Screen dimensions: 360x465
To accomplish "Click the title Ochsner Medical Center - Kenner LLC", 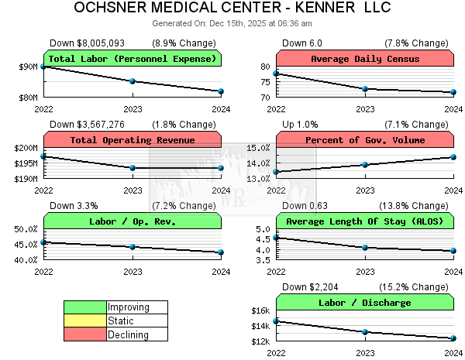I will click(x=232, y=9).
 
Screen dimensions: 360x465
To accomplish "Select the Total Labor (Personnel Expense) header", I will click(x=133, y=59).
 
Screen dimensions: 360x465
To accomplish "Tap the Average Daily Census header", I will click(x=364, y=59).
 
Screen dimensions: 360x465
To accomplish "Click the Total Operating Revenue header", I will click(x=133, y=140).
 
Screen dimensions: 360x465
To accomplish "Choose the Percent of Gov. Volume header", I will click(x=364, y=140).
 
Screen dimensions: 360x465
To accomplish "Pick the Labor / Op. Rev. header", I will click(x=133, y=221).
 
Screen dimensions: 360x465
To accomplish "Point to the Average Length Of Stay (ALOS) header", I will click(x=364, y=221).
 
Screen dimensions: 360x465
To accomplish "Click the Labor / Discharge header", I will click(x=364, y=303).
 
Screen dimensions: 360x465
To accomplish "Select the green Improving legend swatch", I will click(x=85, y=307).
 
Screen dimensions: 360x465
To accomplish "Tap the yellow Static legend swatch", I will click(x=85, y=321).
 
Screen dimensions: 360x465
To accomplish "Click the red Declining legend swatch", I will click(x=85, y=335).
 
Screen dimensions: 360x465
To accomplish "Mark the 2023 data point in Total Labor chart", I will click(x=133, y=81).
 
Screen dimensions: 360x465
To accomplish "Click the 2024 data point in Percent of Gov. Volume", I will click(x=453, y=157).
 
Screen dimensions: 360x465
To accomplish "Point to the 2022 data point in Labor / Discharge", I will click(x=276, y=321).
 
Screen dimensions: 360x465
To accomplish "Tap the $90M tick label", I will click(x=28, y=67).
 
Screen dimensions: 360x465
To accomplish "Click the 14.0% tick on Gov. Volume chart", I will click(x=258, y=163).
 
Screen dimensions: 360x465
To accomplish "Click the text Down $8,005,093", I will click(x=87, y=43).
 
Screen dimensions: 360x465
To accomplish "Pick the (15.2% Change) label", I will click(x=418, y=287).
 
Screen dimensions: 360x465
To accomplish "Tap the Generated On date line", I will click(x=232, y=24).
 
